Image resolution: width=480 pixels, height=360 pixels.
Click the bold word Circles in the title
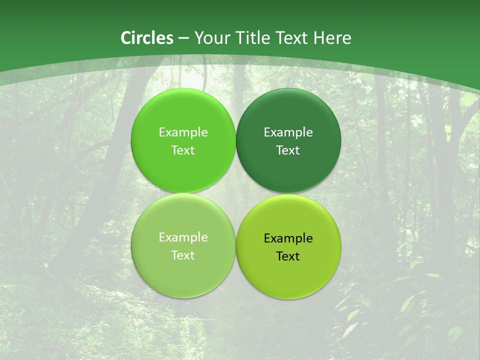(147, 38)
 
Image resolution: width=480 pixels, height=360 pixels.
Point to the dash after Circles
(183, 38)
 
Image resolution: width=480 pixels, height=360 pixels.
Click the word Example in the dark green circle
(288, 132)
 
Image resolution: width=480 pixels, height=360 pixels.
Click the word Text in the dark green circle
(288, 150)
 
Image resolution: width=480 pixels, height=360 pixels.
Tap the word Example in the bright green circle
(183, 132)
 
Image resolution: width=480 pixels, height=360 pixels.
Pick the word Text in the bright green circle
(183, 150)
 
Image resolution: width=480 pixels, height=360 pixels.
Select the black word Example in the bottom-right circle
(288, 238)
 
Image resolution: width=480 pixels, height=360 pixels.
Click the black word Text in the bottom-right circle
(288, 256)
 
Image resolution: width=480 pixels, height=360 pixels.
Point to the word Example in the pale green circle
(183, 237)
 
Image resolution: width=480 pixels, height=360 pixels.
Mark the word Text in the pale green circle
(183, 255)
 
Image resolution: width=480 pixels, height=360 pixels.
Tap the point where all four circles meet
(236, 193)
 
